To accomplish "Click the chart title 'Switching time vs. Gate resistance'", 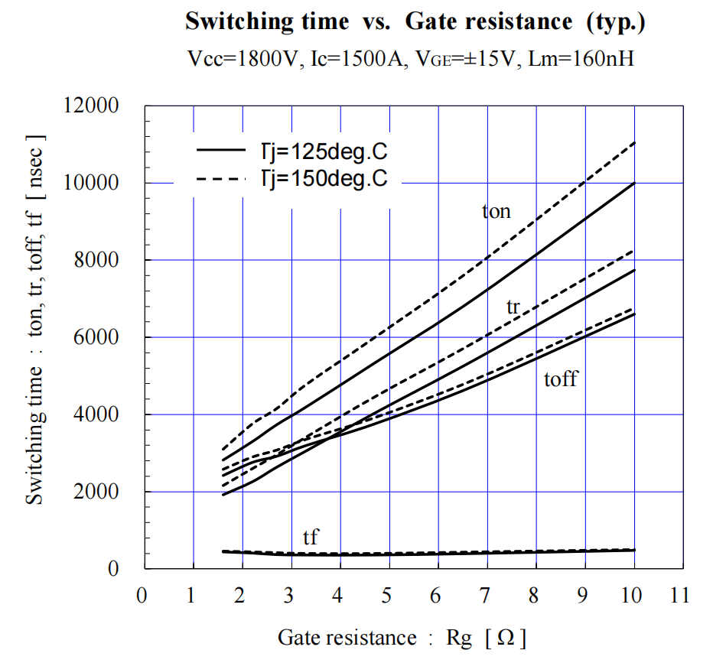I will (x=415, y=21).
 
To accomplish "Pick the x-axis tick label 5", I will (x=389, y=596).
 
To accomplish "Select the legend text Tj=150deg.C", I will (x=320, y=178).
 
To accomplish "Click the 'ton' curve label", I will (x=496, y=211).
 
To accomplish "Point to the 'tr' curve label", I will (x=513, y=307).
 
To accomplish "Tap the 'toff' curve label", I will (x=560, y=379).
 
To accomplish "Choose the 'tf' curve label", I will (x=310, y=538).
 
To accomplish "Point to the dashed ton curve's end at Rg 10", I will (x=634, y=143).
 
